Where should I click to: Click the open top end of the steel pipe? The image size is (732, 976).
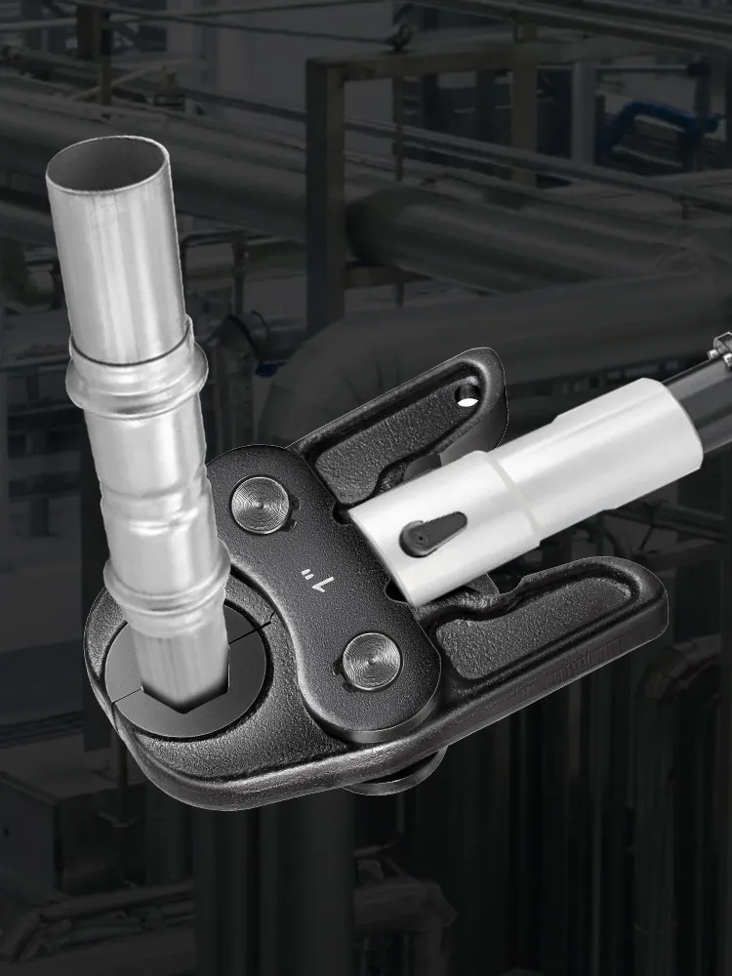(x=107, y=162)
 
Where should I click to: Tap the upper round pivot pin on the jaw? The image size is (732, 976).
(x=261, y=505)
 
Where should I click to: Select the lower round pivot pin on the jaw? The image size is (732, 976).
(x=372, y=661)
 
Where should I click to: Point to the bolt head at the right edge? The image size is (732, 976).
(x=722, y=347)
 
